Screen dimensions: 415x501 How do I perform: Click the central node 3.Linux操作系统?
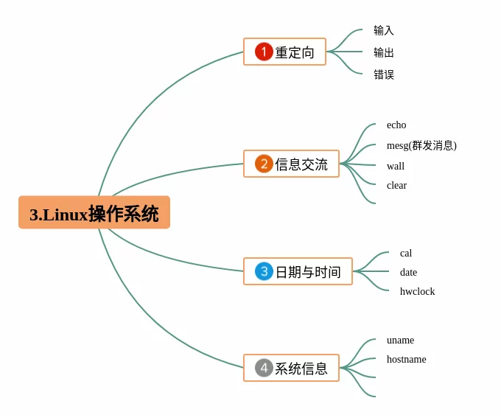[94, 213]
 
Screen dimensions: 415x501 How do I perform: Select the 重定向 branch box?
[284, 52]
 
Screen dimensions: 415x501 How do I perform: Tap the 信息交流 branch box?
[291, 164]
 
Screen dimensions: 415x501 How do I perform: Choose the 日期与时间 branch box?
[298, 271]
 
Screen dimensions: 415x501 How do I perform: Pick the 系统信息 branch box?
[291, 368]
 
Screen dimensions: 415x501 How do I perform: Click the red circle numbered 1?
[264, 52]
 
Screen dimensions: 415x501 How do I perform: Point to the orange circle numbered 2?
[264, 164]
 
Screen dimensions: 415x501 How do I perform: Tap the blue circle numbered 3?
[264, 271]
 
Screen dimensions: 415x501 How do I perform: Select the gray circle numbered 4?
[264, 368]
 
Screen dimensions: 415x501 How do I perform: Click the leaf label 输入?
[384, 30]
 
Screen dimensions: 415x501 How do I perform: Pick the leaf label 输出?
[384, 52]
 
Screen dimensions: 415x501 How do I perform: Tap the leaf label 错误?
[384, 74]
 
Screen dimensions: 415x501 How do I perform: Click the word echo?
[396, 125]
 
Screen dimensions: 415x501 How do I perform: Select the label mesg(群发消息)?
[421, 145]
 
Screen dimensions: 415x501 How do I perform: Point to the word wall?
[396, 166]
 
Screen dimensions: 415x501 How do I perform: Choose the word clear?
[396, 186]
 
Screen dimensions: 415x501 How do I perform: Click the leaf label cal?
[406, 254]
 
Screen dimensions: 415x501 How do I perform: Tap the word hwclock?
[417, 292]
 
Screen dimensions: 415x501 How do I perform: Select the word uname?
[400, 341]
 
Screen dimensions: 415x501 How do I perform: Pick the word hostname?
[406, 360]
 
